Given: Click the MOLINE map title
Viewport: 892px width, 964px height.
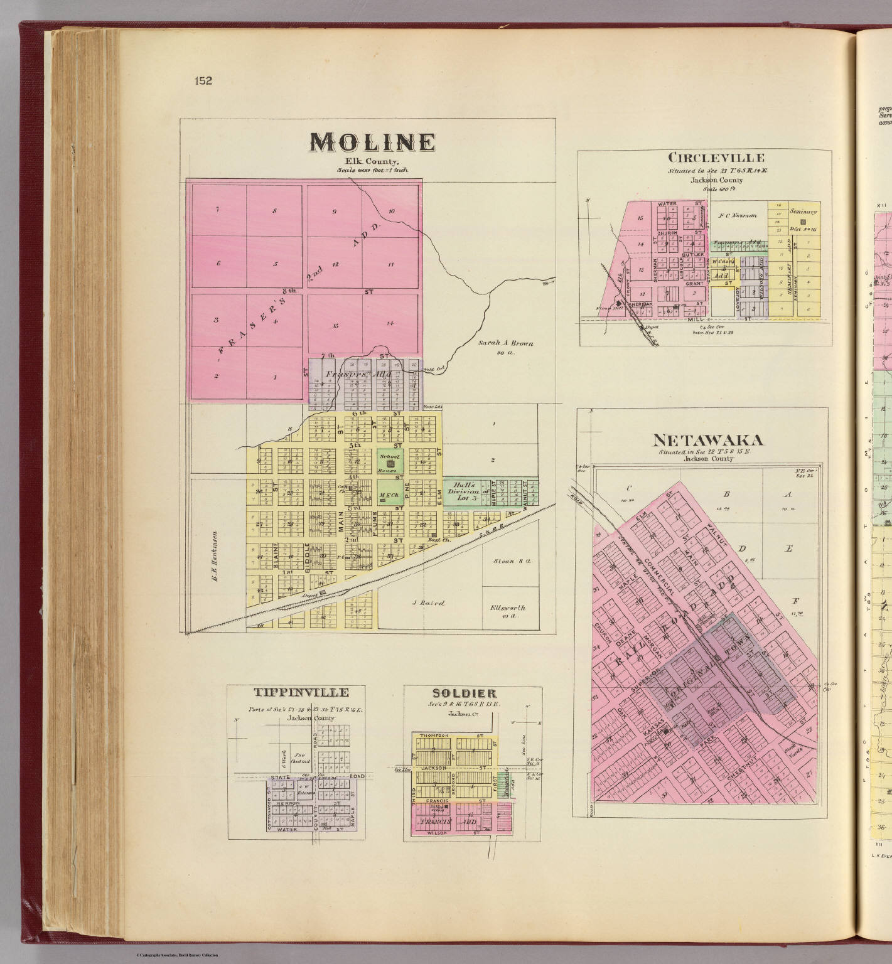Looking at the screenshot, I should click(372, 142).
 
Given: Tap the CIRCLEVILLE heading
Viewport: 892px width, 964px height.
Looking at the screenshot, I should click(707, 158).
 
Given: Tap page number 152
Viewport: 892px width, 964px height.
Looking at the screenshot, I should click(203, 80).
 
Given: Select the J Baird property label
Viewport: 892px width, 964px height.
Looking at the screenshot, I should click(428, 603).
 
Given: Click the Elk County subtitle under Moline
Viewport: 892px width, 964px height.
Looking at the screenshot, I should click(372, 162).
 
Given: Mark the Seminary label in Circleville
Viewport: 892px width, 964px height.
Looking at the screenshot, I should click(802, 212).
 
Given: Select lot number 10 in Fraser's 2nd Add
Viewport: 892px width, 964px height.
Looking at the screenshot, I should click(391, 212).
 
